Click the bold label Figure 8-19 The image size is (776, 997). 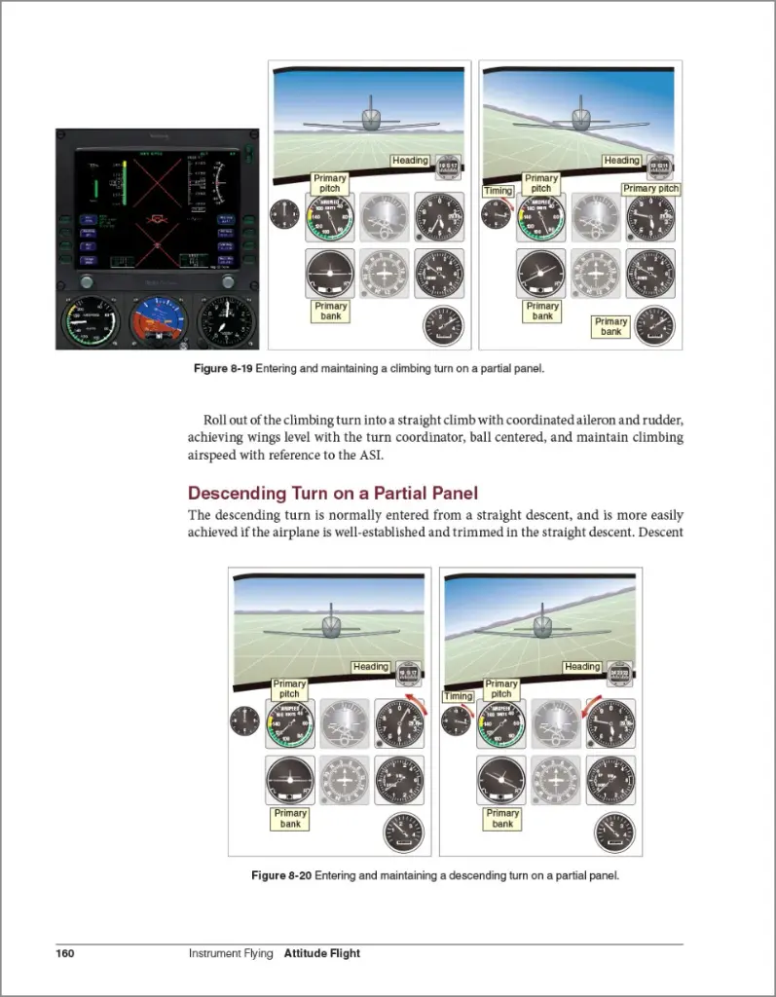223,369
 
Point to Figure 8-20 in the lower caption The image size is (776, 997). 280,875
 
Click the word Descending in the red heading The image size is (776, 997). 237,494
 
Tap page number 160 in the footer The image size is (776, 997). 65,953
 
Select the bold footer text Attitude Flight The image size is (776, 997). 321,953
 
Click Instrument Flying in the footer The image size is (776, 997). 232,953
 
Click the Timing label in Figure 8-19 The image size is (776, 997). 498,191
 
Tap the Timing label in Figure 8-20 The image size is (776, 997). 458,696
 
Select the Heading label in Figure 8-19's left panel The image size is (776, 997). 410,160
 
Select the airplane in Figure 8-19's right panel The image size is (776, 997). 580,118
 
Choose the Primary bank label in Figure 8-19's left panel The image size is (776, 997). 330,311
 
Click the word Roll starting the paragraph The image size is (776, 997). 216,420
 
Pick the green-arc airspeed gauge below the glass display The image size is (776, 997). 88,321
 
